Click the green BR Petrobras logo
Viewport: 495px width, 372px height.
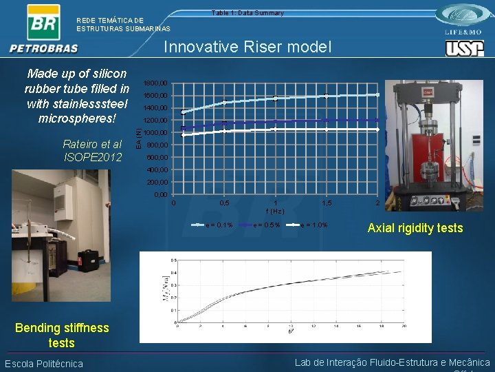click(x=43, y=23)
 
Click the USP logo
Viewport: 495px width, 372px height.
click(x=465, y=48)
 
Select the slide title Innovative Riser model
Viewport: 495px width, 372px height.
click(x=247, y=47)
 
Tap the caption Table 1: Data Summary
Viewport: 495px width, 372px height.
click(x=247, y=13)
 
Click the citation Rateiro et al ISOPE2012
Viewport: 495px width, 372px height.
click(x=92, y=150)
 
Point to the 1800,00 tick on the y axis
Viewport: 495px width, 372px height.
click(x=155, y=83)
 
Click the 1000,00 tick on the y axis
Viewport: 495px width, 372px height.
click(x=155, y=133)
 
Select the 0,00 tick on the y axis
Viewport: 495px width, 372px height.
click(x=159, y=196)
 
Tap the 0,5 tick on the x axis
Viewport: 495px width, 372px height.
click(x=224, y=204)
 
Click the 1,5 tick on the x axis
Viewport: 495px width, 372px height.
click(x=327, y=204)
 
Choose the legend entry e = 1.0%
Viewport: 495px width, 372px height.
click(x=310, y=225)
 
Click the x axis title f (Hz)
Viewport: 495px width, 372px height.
click(x=275, y=211)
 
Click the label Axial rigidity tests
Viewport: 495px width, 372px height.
click(x=415, y=228)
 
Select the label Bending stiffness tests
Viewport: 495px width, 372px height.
click(x=62, y=335)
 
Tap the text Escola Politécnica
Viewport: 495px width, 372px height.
click(x=44, y=364)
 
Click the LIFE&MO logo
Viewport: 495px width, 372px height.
click(x=465, y=20)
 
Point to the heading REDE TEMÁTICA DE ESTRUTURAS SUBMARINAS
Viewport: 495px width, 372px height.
click(x=123, y=24)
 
